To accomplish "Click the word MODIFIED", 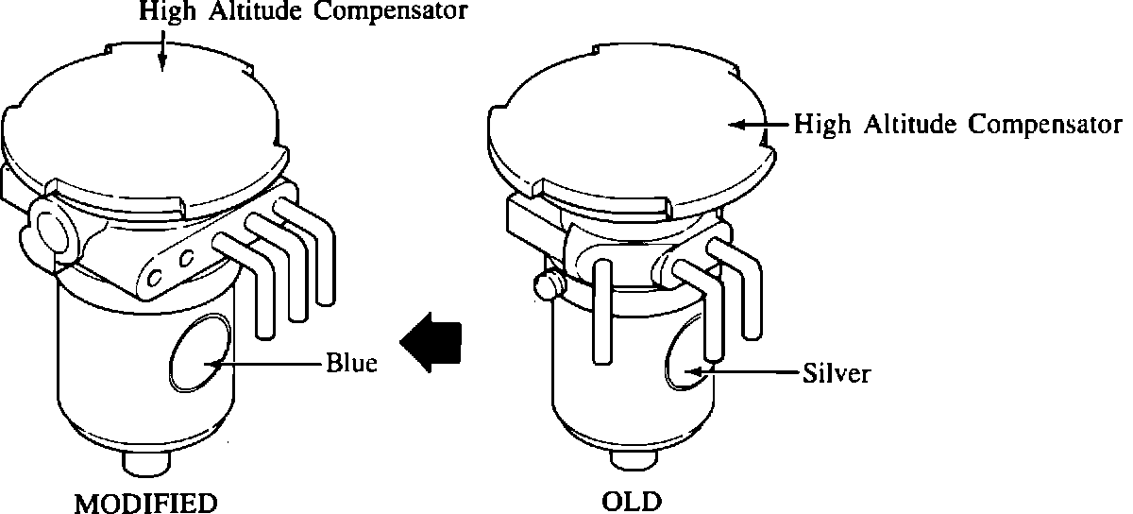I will point(146,501).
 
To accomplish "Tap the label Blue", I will point(351,363).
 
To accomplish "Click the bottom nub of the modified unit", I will point(146,465).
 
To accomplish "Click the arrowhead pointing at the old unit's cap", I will point(738,124).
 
